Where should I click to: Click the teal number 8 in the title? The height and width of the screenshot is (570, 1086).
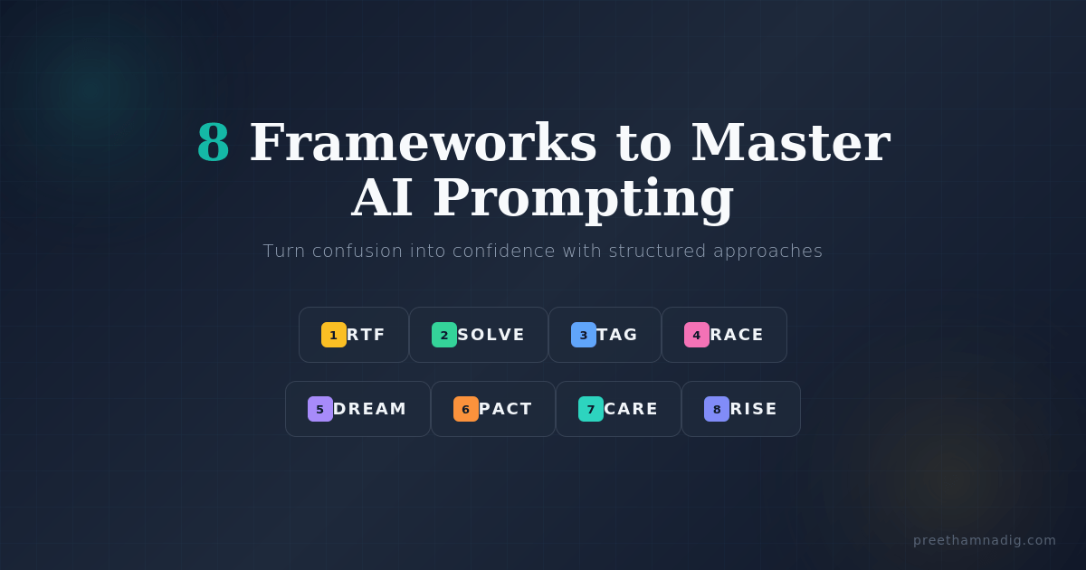214,143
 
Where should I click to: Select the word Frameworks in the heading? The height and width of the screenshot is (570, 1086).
423,143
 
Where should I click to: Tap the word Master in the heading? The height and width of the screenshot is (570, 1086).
791,143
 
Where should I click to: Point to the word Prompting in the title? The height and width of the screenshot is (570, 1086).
583,200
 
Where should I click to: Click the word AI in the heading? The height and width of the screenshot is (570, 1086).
382,198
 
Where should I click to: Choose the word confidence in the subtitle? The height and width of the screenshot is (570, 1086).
504,252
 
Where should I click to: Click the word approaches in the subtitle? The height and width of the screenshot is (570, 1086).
768,252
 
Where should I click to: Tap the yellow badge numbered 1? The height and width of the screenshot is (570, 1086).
334,335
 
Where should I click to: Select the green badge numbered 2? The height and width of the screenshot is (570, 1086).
444,335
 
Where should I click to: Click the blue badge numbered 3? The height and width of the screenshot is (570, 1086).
583,335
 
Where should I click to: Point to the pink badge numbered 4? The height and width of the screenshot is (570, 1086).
697,335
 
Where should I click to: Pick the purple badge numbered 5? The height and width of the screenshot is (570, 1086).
320,409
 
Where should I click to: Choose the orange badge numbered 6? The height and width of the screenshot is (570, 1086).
466,409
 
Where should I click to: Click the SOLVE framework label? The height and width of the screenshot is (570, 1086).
491,335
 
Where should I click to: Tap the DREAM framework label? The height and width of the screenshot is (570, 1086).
369,409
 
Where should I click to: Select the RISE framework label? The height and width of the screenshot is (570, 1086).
753,409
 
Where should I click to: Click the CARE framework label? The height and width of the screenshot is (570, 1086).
631,409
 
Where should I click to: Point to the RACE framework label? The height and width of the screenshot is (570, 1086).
737,335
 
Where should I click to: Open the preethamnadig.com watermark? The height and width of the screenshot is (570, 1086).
985,540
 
